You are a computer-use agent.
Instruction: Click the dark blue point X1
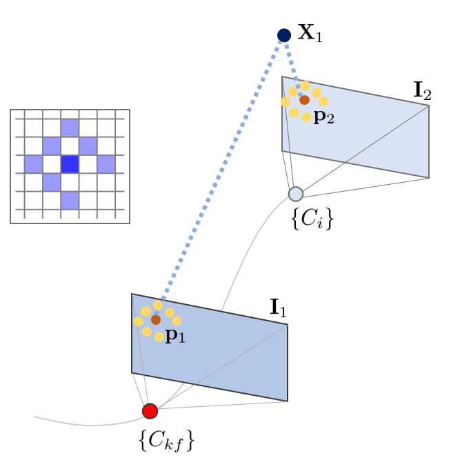(x=283, y=35)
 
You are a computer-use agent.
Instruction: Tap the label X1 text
(x=310, y=34)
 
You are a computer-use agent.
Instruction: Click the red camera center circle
(x=150, y=411)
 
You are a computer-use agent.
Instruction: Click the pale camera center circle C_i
(x=296, y=194)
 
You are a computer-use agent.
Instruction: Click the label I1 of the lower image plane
(x=278, y=308)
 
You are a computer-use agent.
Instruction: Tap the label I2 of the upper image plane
(x=422, y=90)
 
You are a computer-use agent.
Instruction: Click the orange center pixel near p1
(x=156, y=319)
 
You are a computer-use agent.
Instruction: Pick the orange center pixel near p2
(x=304, y=100)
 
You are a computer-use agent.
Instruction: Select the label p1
(x=175, y=337)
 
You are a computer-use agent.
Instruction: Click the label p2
(x=323, y=117)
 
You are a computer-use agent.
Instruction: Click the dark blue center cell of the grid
(x=70, y=164)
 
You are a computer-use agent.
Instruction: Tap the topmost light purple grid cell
(x=70, y=128)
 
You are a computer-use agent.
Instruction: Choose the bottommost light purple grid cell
(x=70, y=200)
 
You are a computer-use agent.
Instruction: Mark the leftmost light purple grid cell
(x=34, y=164)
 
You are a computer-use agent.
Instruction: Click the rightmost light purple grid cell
(x=106, y=164)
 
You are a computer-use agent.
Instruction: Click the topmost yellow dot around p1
(x=158, y=306)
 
